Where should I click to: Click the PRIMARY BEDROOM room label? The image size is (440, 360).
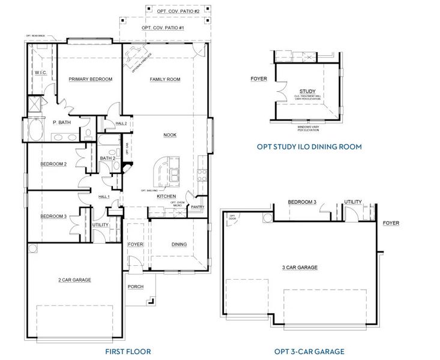pyautogui.click(x=90, y=79)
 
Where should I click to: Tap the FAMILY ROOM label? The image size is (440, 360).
pyautogui.click(x=165, y=79)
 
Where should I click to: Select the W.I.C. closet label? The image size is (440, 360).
pyautogui.click(x=41, y=72)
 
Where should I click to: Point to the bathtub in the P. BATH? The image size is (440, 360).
pyautogui.click(x=35, y=130)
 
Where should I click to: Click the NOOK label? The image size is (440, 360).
pyautogui.click(x=170, y=135)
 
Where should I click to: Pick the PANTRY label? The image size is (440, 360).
pyautogui.click(x=197, y=208)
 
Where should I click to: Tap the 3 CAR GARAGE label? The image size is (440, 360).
pyautogui.click(x=300, y=268)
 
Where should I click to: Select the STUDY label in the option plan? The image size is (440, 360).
pyautogui.click(x=307, y=91)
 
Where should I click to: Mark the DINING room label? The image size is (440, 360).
pyautogui.click(x=179, y=244)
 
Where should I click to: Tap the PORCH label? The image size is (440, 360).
pyautogui.click(x=136, y=287)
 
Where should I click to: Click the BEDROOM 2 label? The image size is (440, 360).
pyautogui.click(x=53, y=164)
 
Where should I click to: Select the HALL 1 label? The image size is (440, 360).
pyautogui.click(x=104, y=196)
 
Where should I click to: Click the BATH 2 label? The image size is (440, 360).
pyautogui.click(x=107, y=158)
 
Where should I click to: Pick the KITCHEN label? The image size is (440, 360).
pyautogui.click(x=166, y=196)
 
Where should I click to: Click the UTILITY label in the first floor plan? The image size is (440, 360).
pyautogui.click(x=101, y=225)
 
